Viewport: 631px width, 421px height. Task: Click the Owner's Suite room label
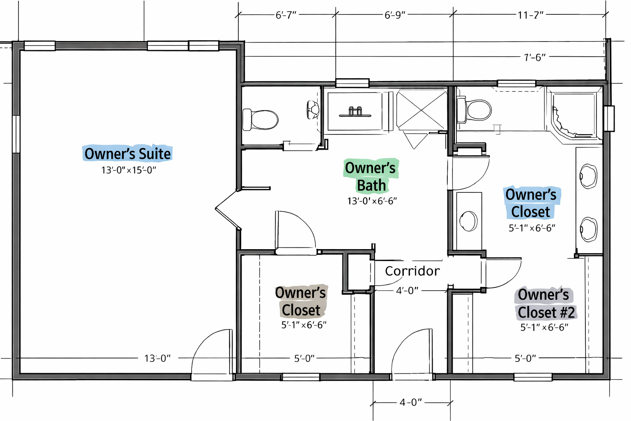tap(128, 154)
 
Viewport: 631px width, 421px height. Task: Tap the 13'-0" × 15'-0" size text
tap(129, 170)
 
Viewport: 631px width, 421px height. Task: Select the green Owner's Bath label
tap(371, 176)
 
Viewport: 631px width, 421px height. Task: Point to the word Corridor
tap(412, 271)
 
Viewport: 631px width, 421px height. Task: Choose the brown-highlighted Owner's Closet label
tap(301, 301)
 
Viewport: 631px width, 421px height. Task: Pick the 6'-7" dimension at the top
tap(286, 15)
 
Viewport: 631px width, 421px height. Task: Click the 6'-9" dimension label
tap(395, 15)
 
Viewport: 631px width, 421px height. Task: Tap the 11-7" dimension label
tap(530, 15)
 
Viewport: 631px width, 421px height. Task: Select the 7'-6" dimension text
tap(534, 58)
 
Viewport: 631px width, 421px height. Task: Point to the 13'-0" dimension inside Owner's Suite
tap(157, 359)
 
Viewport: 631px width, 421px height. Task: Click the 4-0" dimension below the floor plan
tap(410, 402)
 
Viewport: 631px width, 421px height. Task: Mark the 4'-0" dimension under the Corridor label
tap(407, 290)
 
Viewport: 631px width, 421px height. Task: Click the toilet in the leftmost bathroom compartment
tap(260, 120)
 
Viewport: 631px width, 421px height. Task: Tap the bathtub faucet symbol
tap(355, 112)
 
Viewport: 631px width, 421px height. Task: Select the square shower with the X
tap(421, 110)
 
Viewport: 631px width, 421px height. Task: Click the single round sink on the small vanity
tap(468, 221)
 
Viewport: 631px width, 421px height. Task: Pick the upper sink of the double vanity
tap(588, 176)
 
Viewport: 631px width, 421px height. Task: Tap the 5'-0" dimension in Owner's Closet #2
tap(525, 359)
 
